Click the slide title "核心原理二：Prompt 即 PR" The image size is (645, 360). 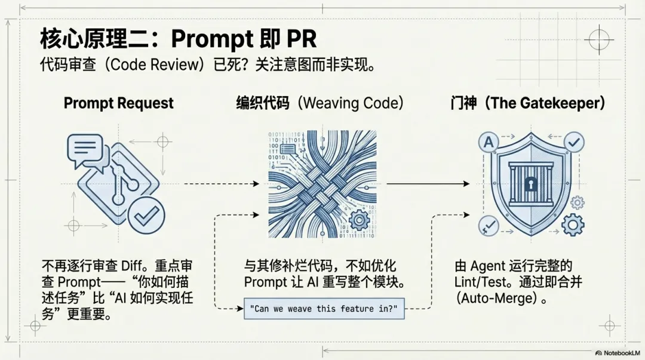(x=178, y=39)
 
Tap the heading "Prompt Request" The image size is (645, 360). (x=118, y=103)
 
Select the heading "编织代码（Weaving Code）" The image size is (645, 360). (x=320, y=103)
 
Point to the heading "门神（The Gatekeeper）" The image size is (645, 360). (x=528, y=103)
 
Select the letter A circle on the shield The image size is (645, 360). (x=489, y=142)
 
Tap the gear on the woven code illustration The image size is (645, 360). (x=360, y=220)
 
